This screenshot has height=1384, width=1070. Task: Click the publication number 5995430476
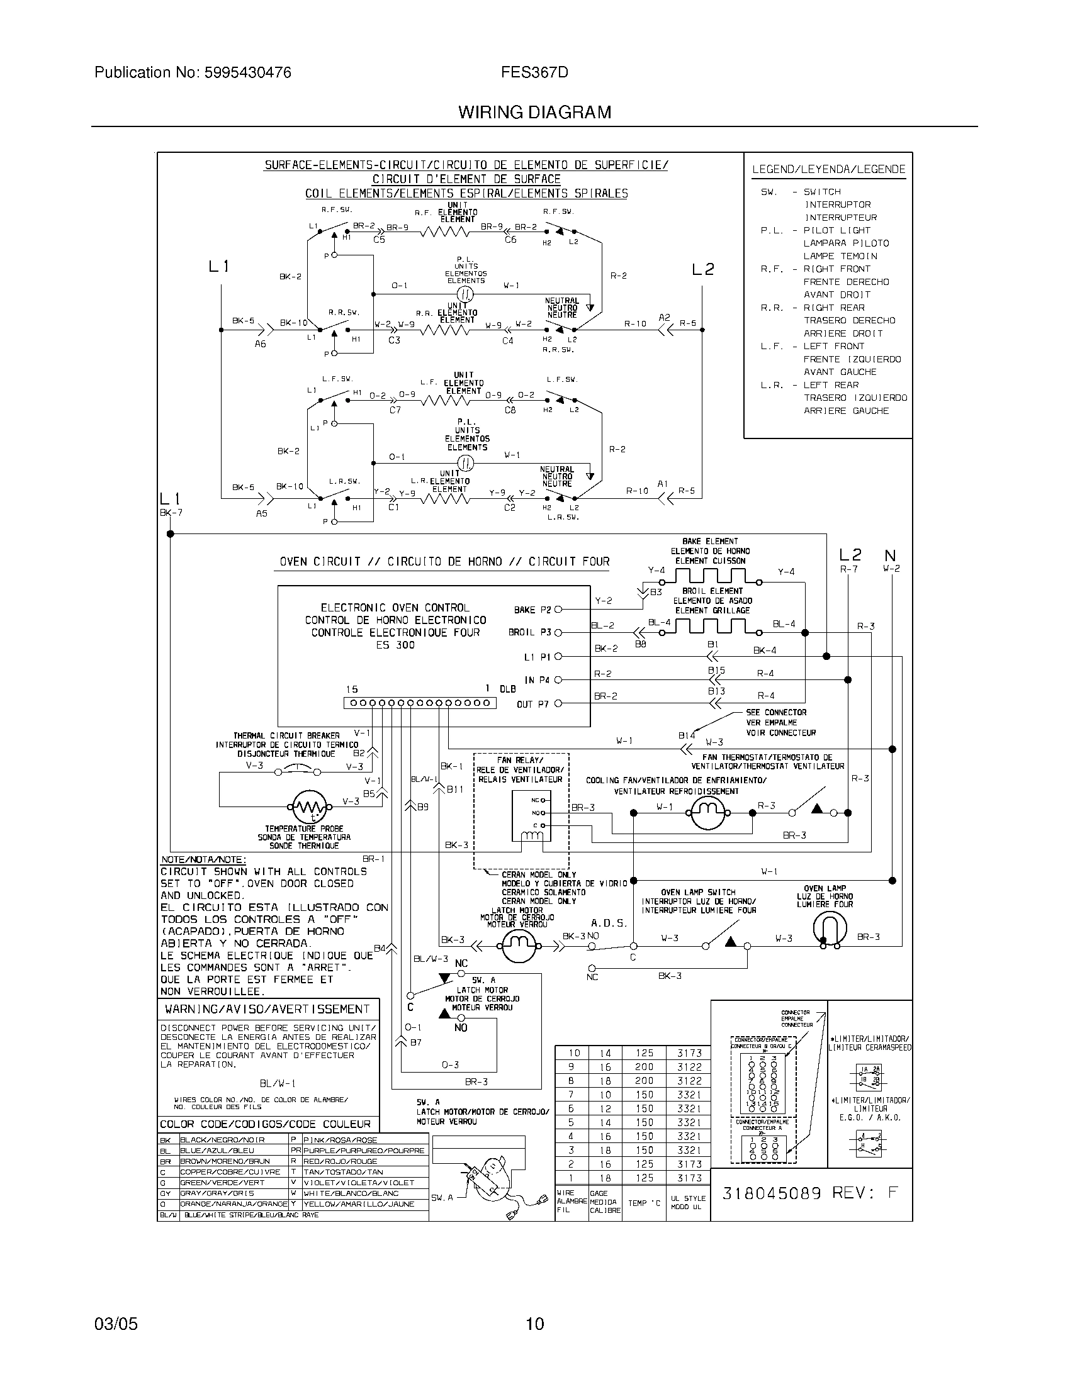coord(247,73)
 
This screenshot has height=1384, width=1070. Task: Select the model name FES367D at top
coord(534,73)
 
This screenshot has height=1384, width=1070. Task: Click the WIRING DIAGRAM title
coord(534,112)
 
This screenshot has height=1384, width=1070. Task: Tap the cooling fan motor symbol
coord(707,812)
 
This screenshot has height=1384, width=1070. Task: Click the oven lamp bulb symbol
coord(829,930)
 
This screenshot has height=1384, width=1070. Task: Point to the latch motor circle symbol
coord(519,947)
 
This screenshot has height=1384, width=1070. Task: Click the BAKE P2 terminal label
coord(532,610)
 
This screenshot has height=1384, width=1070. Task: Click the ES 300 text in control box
coord(395,645)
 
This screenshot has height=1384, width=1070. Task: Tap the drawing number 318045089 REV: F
coord(810,1193)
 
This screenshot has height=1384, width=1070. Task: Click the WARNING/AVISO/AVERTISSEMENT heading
coord(267,1009)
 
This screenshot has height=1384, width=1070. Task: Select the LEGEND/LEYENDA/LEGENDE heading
coord(828,169)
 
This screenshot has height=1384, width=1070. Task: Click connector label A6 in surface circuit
coord(260,344)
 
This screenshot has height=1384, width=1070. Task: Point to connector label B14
coord(686,736)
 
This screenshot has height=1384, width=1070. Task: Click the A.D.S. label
coord(609,923)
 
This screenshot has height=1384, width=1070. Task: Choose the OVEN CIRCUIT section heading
coord(444,561)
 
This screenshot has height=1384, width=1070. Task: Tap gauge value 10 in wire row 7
coord(605,1095)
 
